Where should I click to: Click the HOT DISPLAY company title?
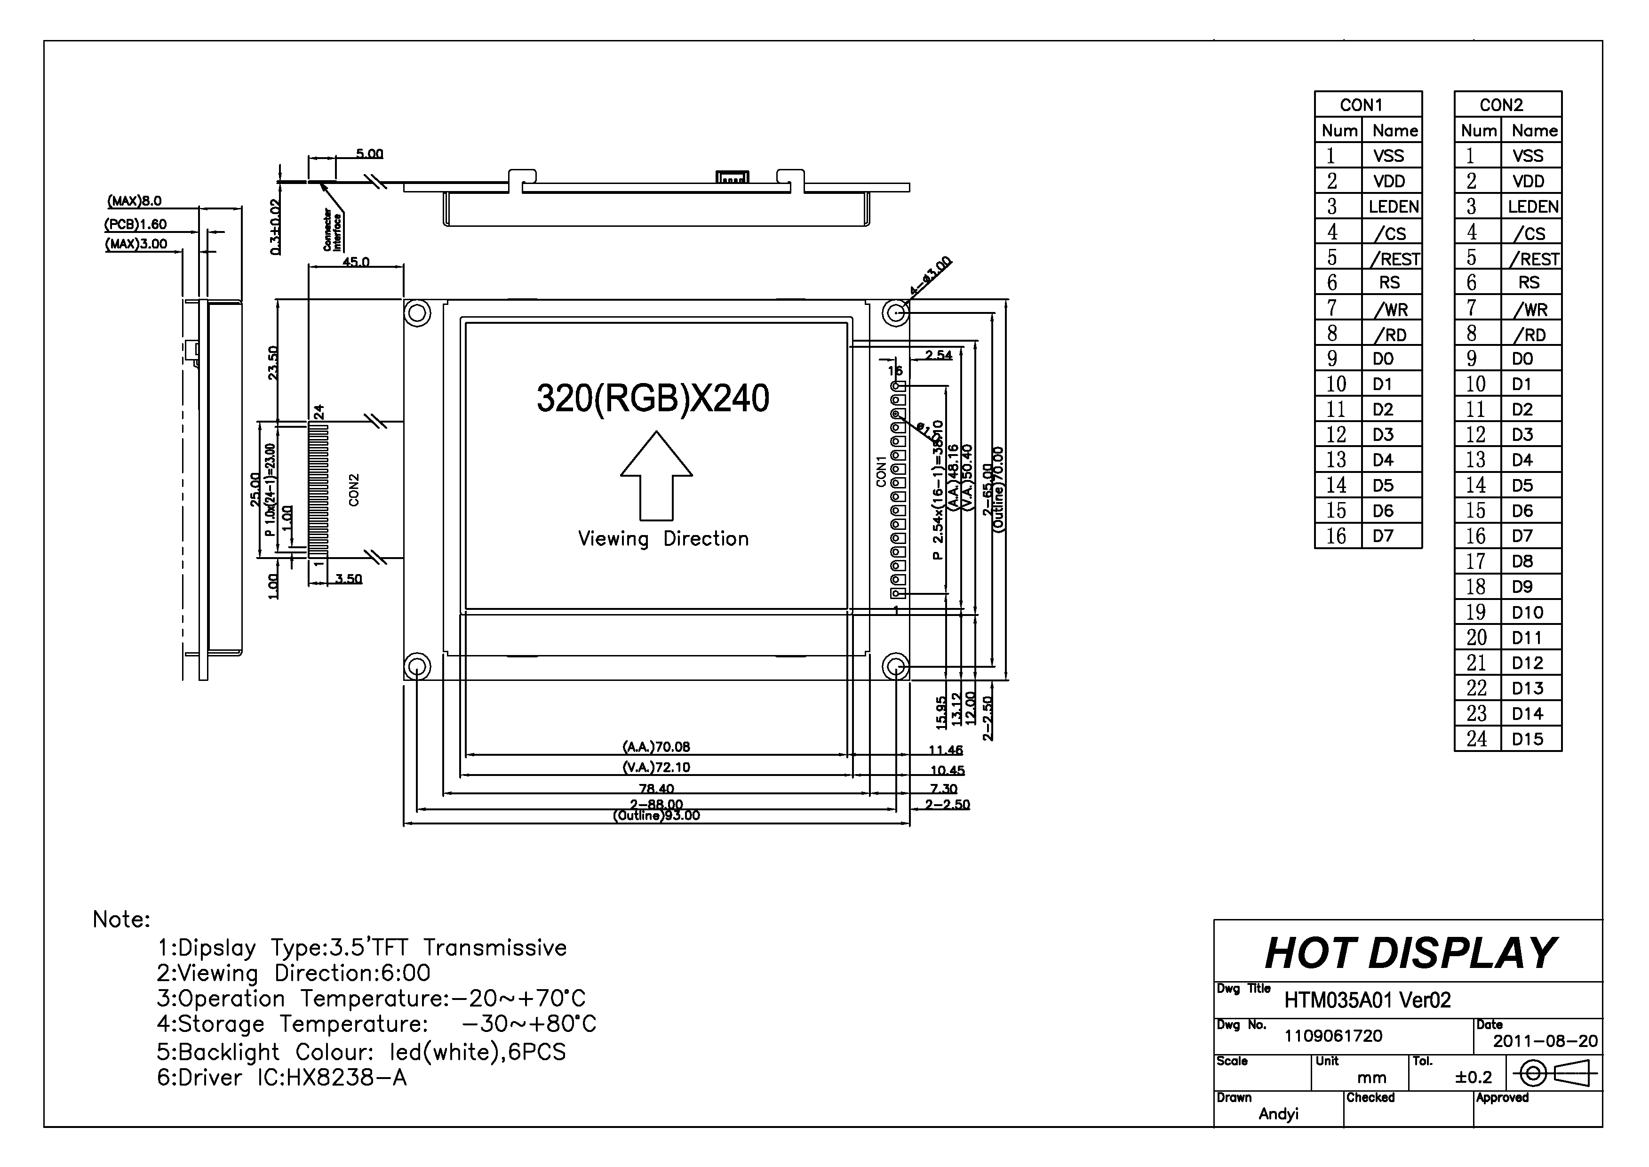tap(1410, 953)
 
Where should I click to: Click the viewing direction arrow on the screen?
tap(656, 476)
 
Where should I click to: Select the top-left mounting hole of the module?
tap(417, 313)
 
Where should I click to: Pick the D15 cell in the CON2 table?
tap(1528, 739)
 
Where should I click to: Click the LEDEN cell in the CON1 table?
tap(1393, 207)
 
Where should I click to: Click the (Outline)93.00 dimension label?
tap(656, 815)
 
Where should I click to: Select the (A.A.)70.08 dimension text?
tap(656, 747)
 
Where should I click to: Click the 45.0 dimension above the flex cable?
tap(356, 262)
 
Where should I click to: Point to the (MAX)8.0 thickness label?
tap(135, 201)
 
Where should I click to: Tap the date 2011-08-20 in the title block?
tap(1545, 1041)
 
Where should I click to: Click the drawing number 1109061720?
tap(1333, 1036)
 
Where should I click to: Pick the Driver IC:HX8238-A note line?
tap(282, 1078)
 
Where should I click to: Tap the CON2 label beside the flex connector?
tap(353, 489)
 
